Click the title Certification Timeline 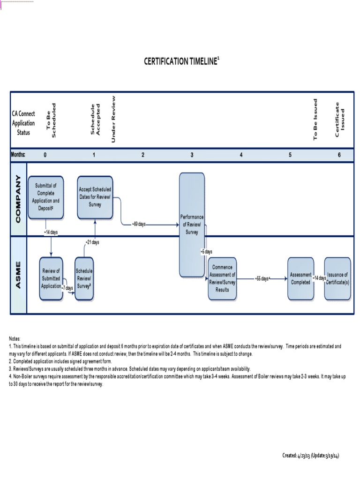(180, 61)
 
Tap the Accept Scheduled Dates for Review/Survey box (95, 197)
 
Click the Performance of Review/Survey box (192, 225)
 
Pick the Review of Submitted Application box (51, 278)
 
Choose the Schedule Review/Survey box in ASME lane (84, 278)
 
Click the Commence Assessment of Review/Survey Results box (223, 278)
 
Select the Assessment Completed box (300, 278)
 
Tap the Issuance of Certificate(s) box (337, 278)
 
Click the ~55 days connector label (263, 278)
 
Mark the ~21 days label (92, 242)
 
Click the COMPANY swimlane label (19, 199)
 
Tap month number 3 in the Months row (192, 155)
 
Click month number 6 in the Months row (339, 155)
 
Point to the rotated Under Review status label (113, 119)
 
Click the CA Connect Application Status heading (23, 123)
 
